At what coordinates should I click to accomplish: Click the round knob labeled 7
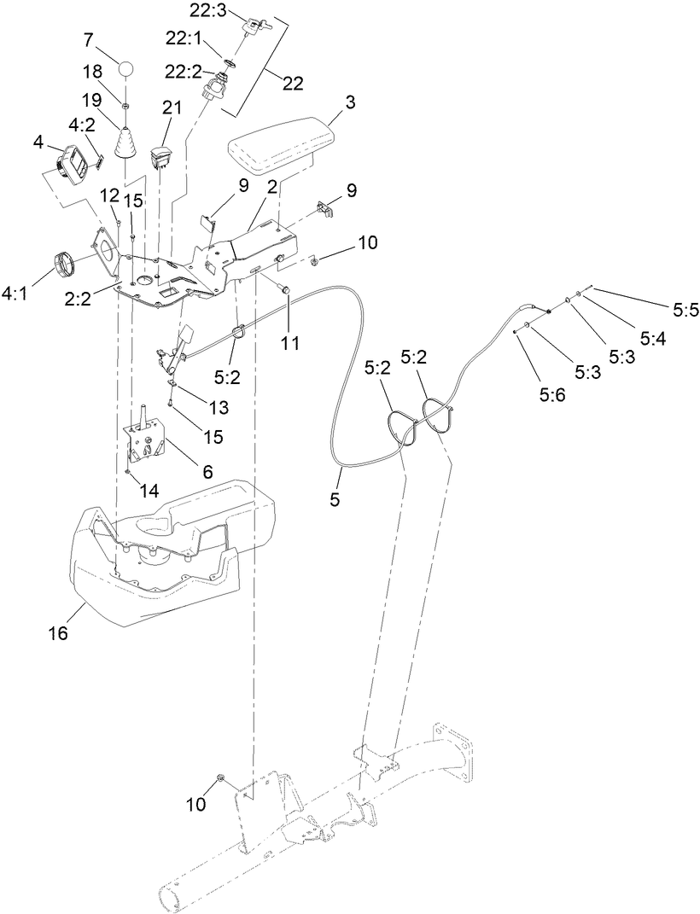126,68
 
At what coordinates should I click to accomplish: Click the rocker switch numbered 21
162,156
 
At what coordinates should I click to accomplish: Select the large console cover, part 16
171,546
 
